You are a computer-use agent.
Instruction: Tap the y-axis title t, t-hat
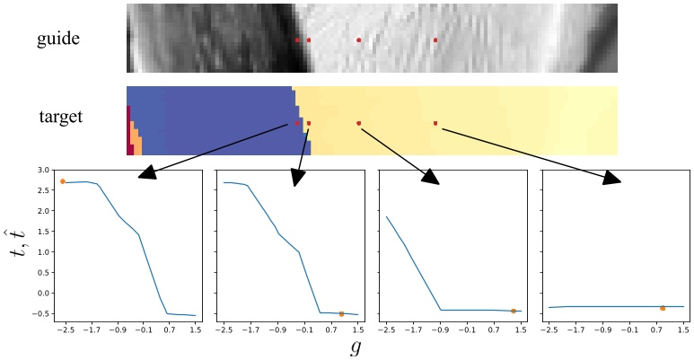(x=18, y=243)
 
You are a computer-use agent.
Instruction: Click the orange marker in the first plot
(x=63, y=181)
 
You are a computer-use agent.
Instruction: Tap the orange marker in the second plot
(x=342, y=313)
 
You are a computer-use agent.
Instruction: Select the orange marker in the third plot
(x=513, y=311)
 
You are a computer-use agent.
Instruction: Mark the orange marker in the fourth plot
(x=663, y=308)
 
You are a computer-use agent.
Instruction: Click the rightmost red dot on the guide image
(x=435, y=40)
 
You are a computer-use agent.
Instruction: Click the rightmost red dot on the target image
(x=435, y=123)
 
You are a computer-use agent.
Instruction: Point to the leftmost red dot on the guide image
(x=297, y=40)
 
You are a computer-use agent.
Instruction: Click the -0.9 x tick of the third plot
(x=440, y=330)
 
